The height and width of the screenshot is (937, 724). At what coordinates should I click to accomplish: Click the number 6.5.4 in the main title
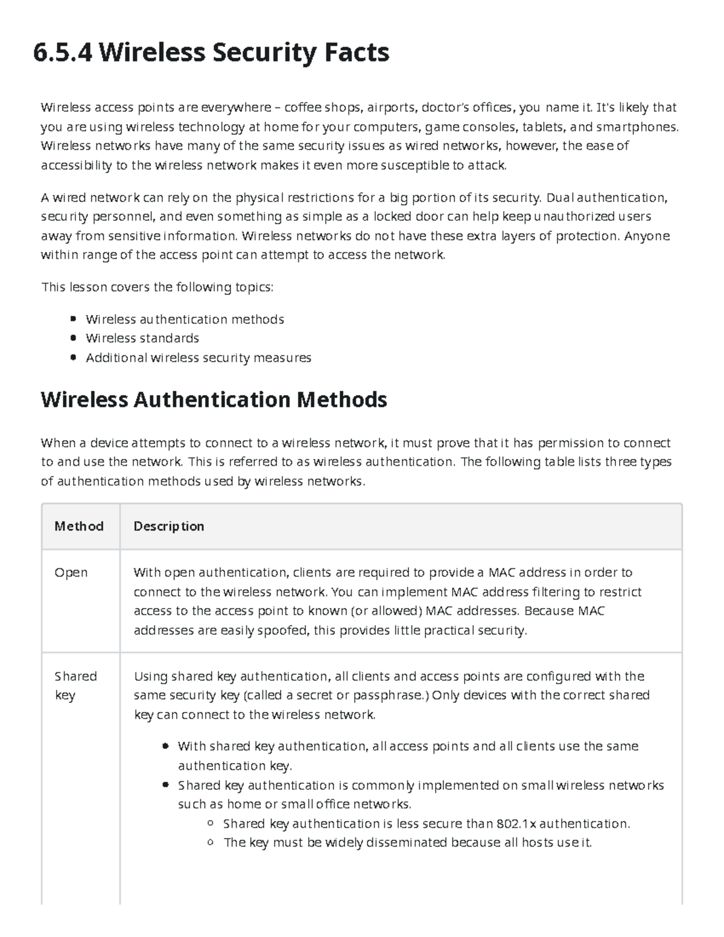[x=63, y=52]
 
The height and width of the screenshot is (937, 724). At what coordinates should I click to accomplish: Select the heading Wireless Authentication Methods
[x=214, y=399]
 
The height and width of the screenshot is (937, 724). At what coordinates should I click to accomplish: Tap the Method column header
[x=79, y=526]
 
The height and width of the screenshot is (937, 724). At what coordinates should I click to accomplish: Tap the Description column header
[x=169, y=526]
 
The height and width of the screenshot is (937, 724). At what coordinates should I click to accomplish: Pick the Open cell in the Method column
[x=71, y=572]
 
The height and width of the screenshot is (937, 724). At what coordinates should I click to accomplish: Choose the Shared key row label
[x=75, y=685]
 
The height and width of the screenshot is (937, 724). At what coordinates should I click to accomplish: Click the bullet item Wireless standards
[x=142, y=338]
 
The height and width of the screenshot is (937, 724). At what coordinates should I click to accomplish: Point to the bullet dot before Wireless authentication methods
[x=73, y=319]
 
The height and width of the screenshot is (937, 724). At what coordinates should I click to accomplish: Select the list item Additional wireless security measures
[x=198, y=358]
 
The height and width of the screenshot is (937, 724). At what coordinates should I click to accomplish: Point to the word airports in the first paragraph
[x=392, y=107]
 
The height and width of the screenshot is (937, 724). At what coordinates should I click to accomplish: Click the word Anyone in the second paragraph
[x=646, y=235]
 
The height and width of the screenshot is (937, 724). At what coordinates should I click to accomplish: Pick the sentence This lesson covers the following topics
[x=157, y=287]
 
